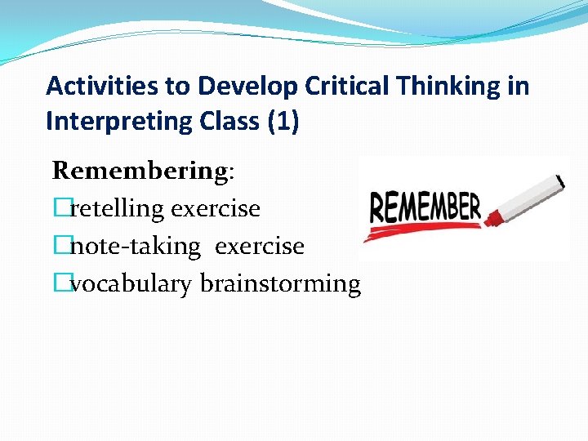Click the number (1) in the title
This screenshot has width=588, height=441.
[x=283, y=122]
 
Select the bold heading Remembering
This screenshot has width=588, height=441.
[x=140, y=171]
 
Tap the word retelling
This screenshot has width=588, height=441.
[x=117, y=208]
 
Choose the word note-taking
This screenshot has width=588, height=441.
[x=135, y=246]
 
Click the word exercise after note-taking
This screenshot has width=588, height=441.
[x=260, y=246]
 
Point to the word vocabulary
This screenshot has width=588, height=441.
[x=132, y=283]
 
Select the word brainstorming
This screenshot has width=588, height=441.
[x=280, y=284]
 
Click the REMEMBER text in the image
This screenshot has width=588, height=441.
[x=425, y=207]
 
